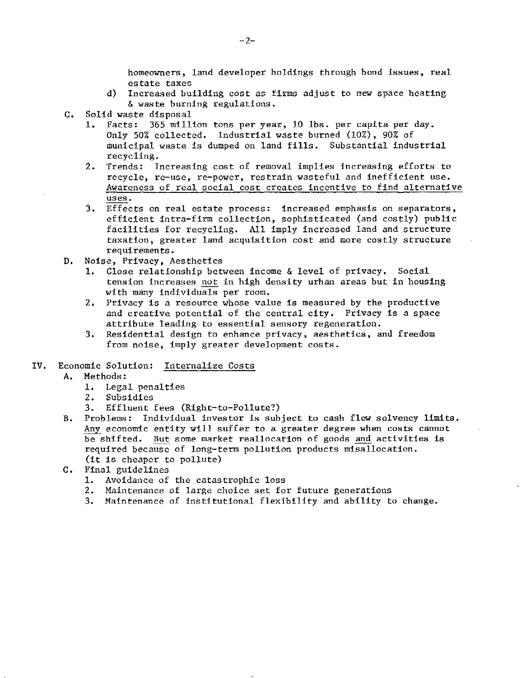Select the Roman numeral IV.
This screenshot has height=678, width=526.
click(x=39, y=366)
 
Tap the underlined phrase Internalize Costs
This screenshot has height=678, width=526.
click(x=209, y=366)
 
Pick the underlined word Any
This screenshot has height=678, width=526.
click(x=92, y=429)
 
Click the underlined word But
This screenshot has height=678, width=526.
click(x=161, y=439)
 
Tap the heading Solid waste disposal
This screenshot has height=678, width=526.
click(x=138, y=115)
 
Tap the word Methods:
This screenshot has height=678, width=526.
click(x=105, y=376)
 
